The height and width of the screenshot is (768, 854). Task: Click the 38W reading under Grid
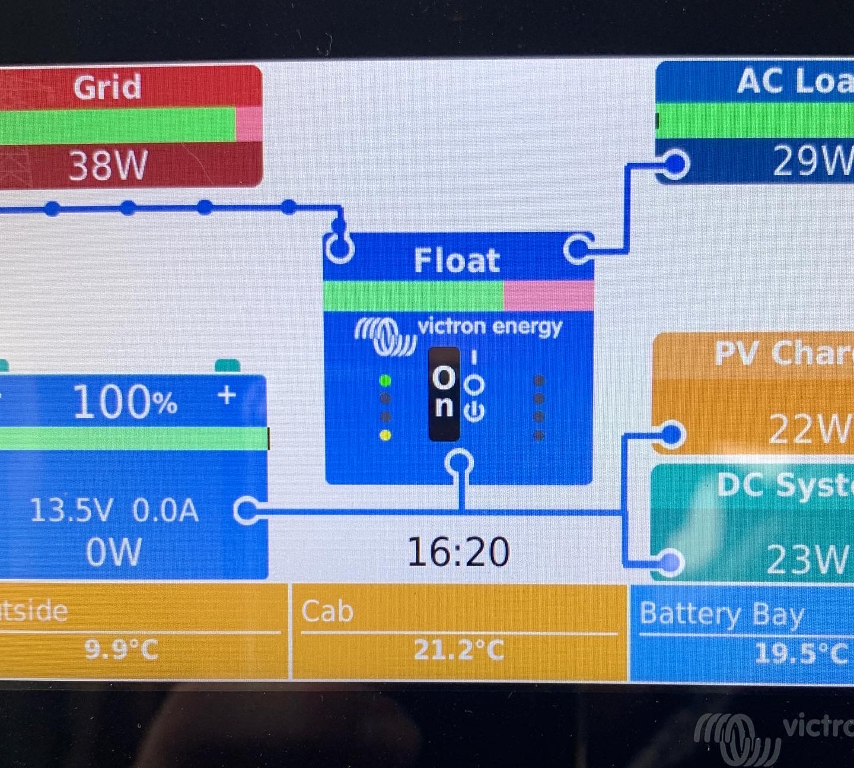tap(108, 165)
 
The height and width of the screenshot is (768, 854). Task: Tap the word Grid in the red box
tap(107, 87)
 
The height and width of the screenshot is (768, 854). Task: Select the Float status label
tap(457, 260)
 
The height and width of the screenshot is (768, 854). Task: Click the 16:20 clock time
tap(458, 551)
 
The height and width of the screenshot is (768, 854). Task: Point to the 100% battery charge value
tap(125, 402)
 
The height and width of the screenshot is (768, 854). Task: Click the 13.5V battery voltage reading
tap(71, 510)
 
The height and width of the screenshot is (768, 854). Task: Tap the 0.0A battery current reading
tap(165, 510)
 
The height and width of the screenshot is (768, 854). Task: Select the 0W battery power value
tap(114, 552)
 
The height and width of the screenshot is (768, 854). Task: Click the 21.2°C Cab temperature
tap(458, 649)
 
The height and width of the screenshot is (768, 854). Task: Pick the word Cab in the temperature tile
tap(327, 611)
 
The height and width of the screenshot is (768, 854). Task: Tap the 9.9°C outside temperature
tap(122, 649)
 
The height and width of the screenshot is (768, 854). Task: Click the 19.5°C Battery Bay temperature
tap(801, 653)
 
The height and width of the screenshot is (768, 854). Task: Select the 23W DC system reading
tap(807, 559)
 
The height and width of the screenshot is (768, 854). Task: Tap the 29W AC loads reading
tap(811, 160)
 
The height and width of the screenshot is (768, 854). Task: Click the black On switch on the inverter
tap(444, 393)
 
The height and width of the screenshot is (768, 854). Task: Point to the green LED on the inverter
tap(385, 380)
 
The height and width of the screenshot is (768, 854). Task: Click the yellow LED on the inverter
tap(385, 435)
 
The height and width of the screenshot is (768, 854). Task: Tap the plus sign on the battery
tap(227, 395)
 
